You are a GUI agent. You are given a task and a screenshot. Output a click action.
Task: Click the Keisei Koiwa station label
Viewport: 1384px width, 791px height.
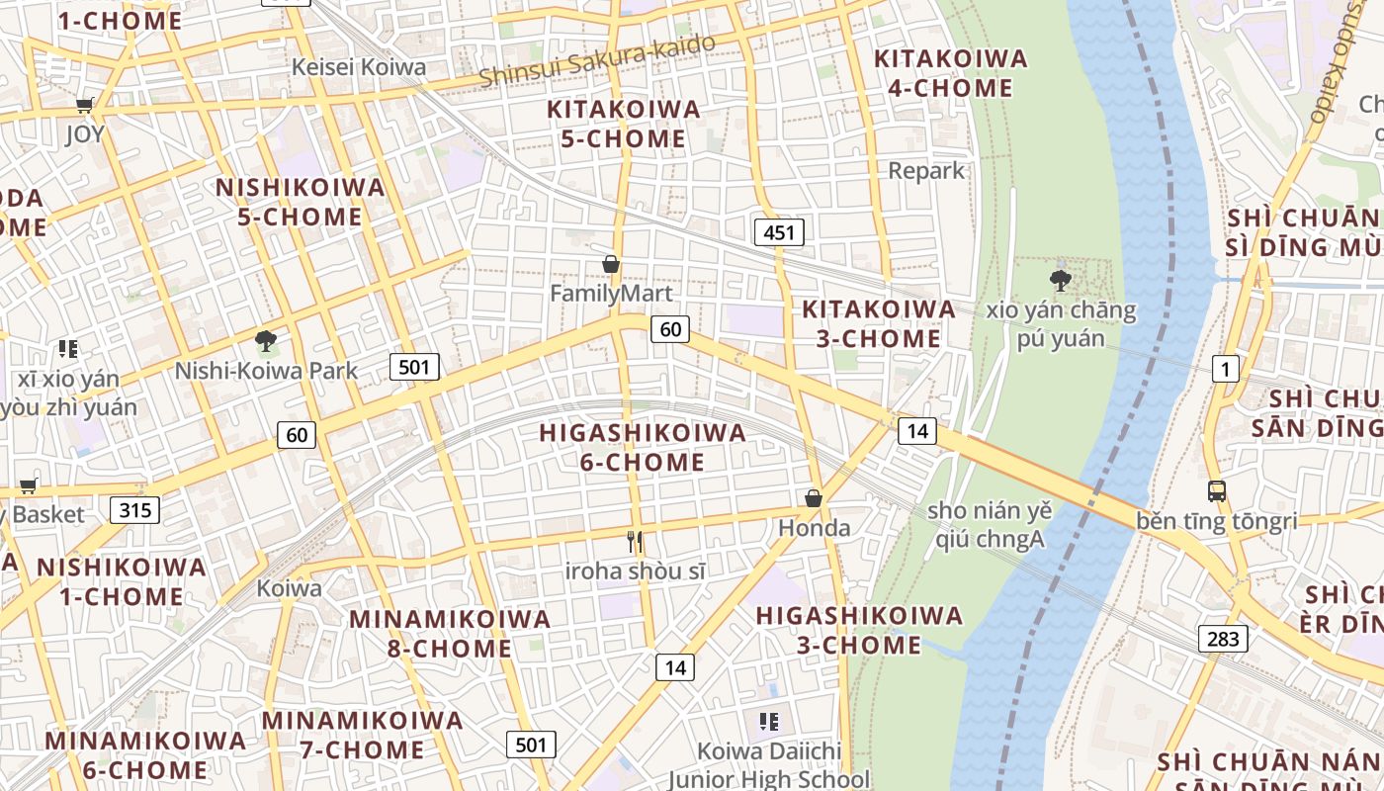point(360,67)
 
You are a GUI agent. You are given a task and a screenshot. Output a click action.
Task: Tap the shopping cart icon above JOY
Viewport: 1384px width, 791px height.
point(85,105)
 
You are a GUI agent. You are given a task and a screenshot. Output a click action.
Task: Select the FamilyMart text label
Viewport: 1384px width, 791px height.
point(611,294)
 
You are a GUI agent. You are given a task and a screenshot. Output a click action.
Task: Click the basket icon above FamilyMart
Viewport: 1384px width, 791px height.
point(611,264)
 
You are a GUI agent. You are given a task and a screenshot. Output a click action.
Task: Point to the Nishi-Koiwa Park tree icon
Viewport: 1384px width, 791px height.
point(265,342)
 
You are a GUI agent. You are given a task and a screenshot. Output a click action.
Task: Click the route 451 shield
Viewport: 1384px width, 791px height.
point(779,232)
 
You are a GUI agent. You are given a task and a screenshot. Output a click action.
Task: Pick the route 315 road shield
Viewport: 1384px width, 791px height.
point(134,510)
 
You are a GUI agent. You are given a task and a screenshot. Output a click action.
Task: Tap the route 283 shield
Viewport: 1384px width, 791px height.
point(1223,638)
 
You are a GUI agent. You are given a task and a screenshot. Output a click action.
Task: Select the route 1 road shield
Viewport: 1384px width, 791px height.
point(1226,370)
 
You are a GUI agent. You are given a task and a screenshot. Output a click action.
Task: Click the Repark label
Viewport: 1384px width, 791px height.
point(926,170)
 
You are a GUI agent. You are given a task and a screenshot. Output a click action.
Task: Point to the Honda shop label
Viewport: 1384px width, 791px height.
point(815,528)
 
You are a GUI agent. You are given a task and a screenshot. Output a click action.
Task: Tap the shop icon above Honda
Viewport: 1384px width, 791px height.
point(814,498)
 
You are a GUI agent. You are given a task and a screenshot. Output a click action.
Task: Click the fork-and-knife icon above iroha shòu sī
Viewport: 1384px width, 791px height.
point(636,542)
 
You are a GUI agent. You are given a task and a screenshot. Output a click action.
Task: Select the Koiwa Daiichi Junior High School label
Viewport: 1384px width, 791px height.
point(769,765)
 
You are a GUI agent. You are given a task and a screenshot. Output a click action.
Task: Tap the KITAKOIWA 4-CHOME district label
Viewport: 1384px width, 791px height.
point(951,73)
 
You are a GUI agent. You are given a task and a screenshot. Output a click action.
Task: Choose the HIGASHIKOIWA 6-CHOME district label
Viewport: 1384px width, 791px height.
point(643,447)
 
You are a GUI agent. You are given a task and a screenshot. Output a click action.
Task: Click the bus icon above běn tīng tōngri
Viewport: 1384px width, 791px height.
point(1216,490)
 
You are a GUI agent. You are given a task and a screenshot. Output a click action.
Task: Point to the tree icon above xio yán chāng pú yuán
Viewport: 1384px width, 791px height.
point(1061,281)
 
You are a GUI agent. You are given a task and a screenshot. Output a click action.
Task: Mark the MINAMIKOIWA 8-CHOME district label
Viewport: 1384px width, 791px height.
point(450,634)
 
